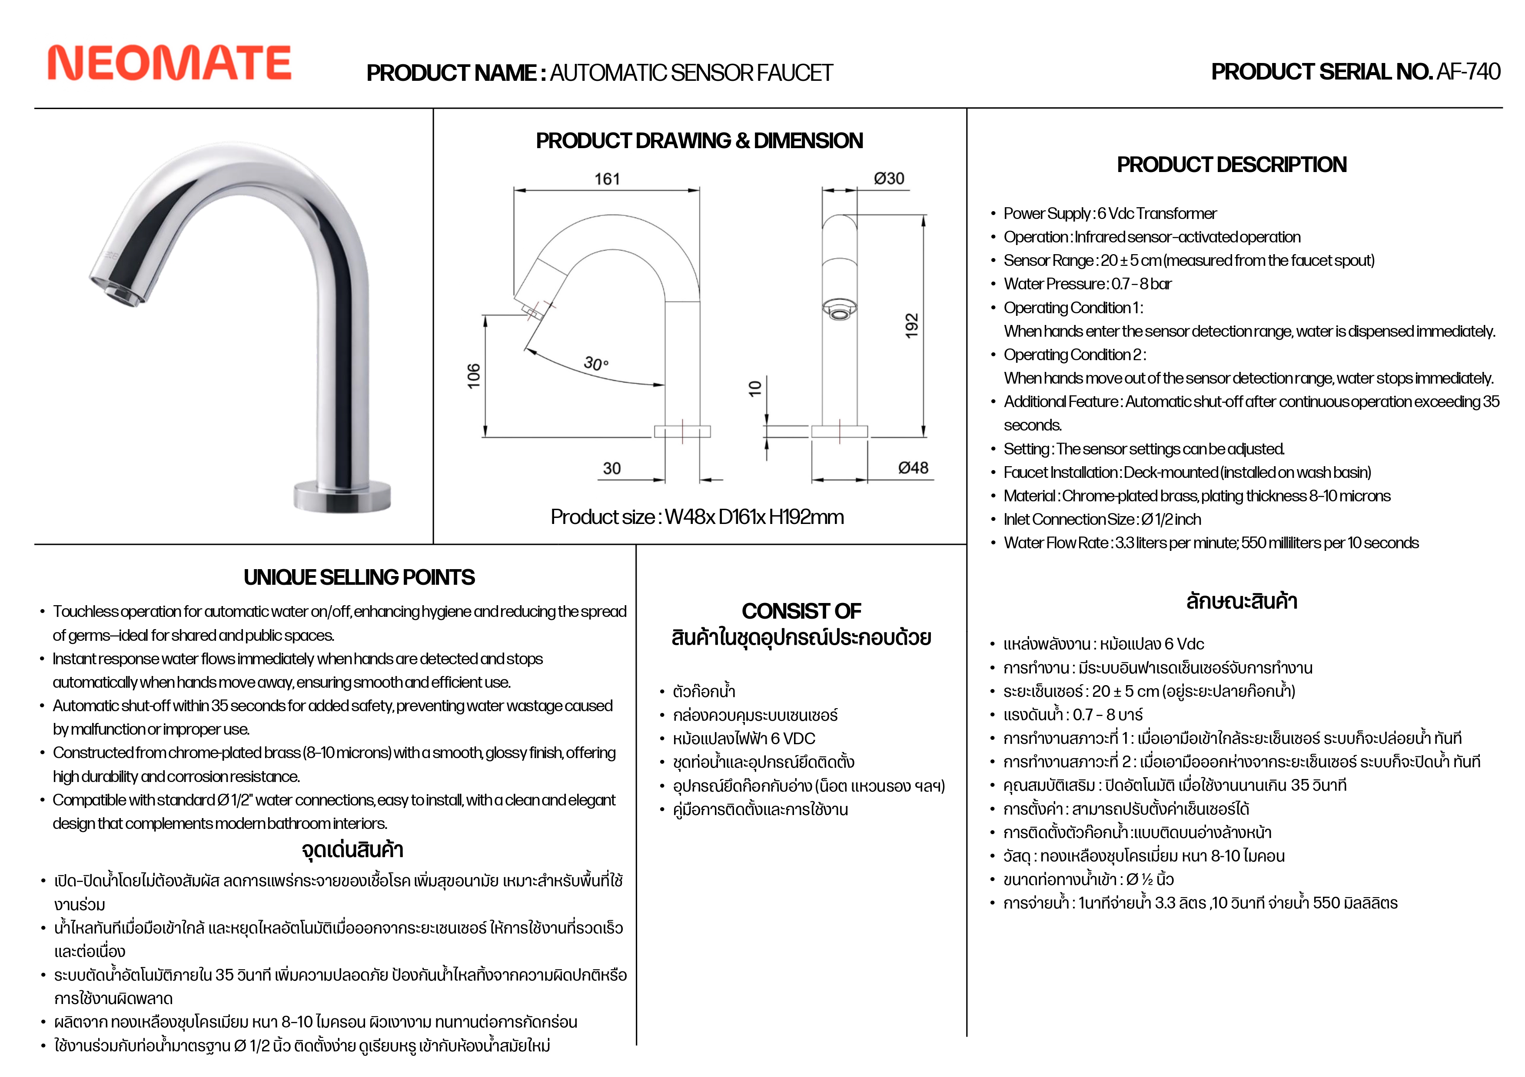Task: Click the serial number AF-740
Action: (x=1468, y=72)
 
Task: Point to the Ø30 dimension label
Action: (x=889, y=178)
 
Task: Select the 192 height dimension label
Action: (x=911, y=325)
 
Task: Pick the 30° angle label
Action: (x=595, y=363)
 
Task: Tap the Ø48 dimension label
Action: (x=913, y=467)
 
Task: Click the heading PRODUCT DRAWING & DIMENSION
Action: (x=699, y=141)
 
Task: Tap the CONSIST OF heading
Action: (x=801, y=610)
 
